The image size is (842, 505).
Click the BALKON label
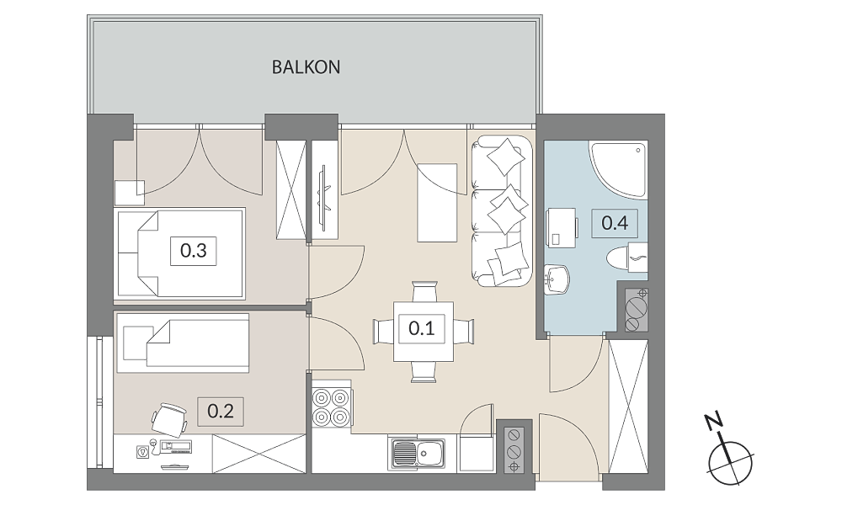tap(306, 67)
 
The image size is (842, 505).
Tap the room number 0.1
tap(422, 328)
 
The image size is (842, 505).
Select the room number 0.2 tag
tap(221, 412)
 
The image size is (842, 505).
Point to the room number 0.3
tap(194, 251)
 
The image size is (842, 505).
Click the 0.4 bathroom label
tap(615, 223)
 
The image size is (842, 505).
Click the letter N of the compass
tap(714, 423)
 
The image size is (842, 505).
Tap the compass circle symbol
tap(731, 463)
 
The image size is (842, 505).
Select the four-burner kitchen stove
tap(331, 407)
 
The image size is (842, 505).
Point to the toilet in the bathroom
tap(626, 258)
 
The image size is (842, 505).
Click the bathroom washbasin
tap(557, 279)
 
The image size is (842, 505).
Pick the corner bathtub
tap(619, 169)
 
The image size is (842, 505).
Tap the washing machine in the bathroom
tap(562, 226)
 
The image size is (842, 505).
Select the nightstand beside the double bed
tap(130, 193)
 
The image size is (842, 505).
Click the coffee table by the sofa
tap(437, 202)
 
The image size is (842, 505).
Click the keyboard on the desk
tap(176, 445)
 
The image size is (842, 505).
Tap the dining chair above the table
tap(424, 292)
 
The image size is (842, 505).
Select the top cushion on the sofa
tap(505, 157)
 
